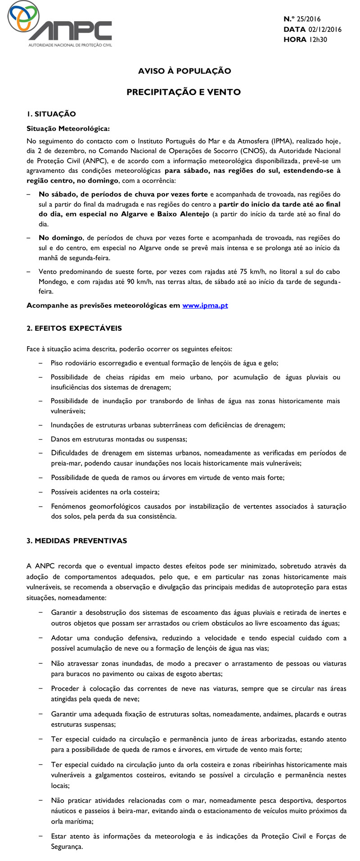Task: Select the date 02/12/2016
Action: [x=325, y=29]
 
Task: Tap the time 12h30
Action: [x=318, y=40]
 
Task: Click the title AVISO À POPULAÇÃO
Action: [x=184, y=71]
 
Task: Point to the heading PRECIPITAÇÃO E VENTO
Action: [x=184, y=92]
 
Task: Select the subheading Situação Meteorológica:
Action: [x=68, y=128]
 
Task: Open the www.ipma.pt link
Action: [x=205, y=306]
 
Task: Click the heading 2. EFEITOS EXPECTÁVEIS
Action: [x=74, y=328]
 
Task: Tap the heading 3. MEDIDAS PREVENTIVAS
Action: [x=77, y=541]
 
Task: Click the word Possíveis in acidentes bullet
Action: [x=65, y=492]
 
